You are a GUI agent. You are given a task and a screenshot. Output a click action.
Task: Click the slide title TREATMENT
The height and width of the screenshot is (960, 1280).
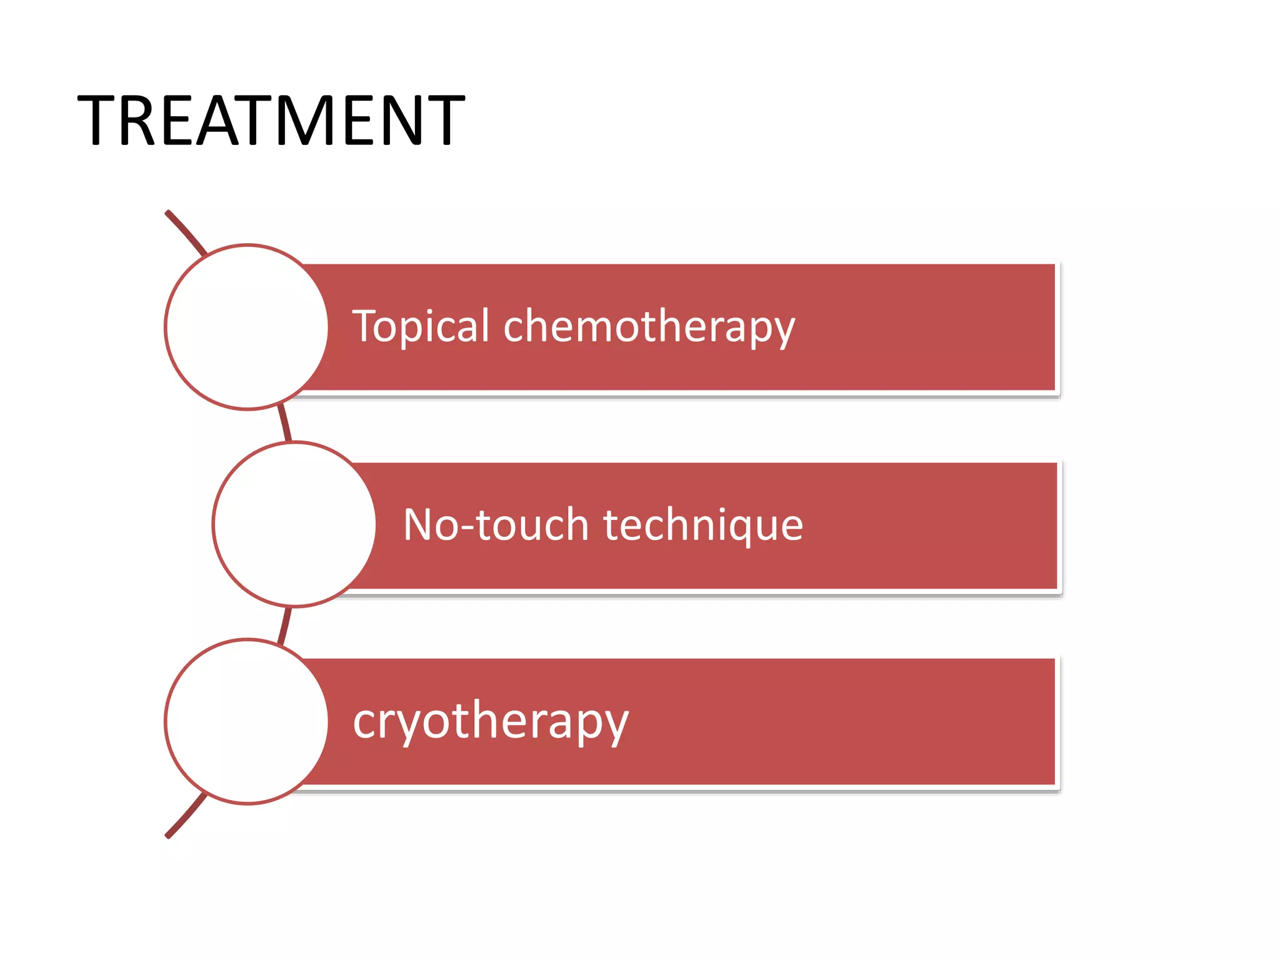(271, 120)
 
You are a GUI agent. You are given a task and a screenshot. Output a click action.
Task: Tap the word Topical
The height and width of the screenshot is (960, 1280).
(421, 326)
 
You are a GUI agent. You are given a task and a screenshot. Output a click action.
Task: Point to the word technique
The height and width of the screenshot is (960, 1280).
(703, 525)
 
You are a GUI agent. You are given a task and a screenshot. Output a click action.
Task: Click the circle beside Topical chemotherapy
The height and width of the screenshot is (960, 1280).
(246, 327)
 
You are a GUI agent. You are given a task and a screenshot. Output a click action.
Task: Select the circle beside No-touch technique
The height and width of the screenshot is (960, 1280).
(294, 524)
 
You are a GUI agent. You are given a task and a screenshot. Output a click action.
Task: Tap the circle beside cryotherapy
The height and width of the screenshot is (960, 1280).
(246, 721)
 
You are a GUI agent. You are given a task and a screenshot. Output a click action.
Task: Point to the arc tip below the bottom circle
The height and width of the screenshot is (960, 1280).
(169, 834)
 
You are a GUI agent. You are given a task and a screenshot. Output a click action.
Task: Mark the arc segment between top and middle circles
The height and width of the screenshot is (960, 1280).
(285, 424)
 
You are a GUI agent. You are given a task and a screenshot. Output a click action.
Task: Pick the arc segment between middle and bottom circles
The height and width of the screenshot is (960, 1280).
(285, 624)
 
